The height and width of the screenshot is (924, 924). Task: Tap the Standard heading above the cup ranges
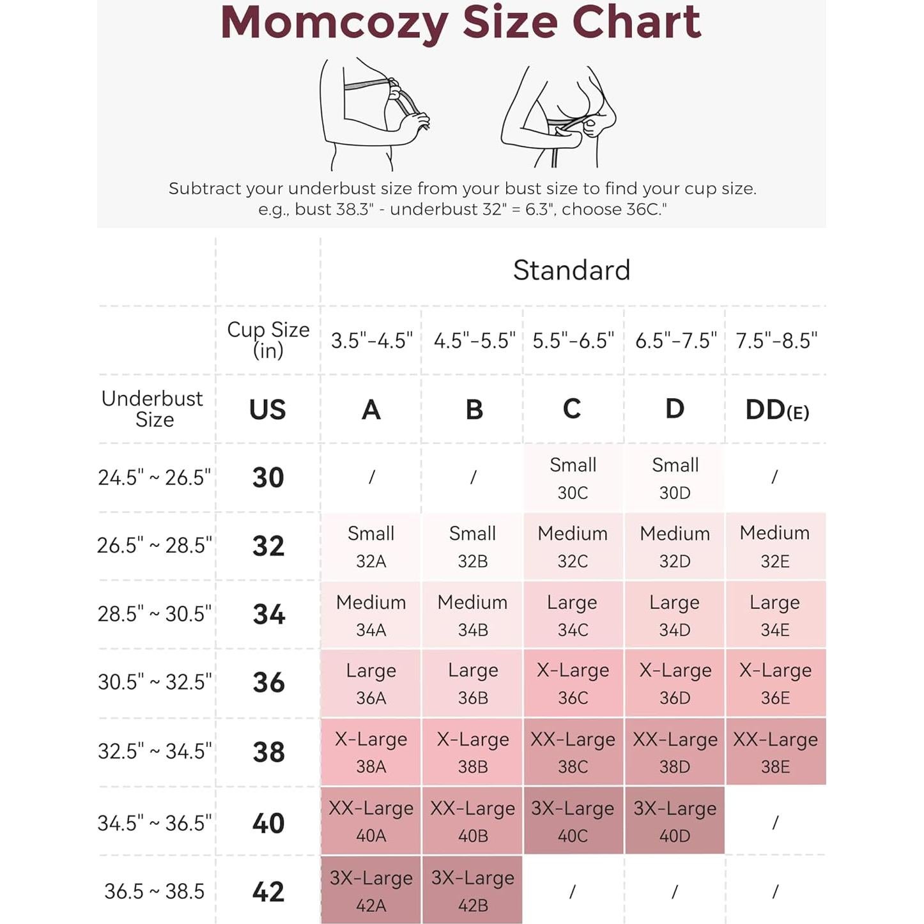click(571, 270)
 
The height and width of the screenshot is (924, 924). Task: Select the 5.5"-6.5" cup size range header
click(573, 341)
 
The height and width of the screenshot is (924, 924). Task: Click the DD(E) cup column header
click(776, 410)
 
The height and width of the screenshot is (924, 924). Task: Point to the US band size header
click(268, 410)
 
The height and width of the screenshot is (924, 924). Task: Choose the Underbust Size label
click(153, 409)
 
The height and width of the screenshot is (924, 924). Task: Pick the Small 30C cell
click(573, 478)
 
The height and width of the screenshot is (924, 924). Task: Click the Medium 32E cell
click(775, 546)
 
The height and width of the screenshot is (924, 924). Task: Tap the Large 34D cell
click(675, 615)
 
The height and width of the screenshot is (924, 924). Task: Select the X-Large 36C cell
click(573, 683)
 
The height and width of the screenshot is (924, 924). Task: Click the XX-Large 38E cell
click(775, 752)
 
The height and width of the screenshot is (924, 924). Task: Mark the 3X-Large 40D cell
click(675, 821)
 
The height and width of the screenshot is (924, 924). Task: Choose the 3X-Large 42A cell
click(371, 890)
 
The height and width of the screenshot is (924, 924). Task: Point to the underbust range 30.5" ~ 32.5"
click(154, 682)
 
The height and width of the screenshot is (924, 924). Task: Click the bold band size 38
click(268, 752)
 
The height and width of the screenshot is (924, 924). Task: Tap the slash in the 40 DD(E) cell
click(775, 822)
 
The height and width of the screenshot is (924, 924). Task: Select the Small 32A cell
click(371, 546)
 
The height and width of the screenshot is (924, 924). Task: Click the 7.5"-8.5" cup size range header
click(776, 341)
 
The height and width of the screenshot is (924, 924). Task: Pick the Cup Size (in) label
click(268, 339)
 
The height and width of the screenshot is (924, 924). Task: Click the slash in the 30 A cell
click(371, 477)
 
